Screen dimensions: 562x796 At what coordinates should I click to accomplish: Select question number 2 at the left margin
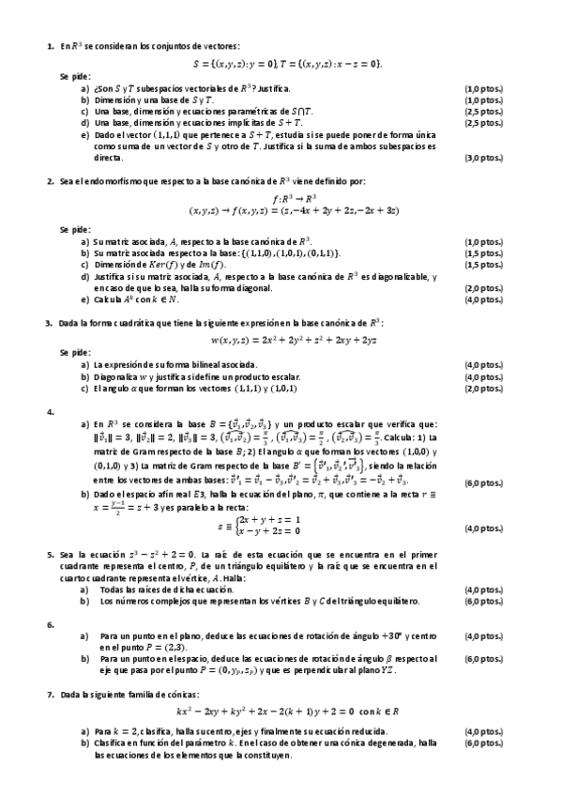pos(49,179)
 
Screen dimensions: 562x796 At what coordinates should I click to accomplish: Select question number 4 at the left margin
pos(49,411)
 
